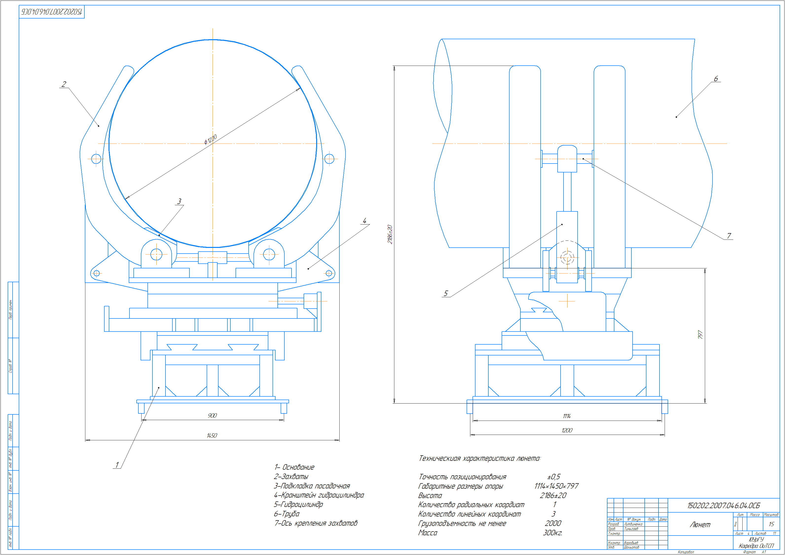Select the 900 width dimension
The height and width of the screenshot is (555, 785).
point(212,415)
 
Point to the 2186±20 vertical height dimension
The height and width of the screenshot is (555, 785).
point(390,234)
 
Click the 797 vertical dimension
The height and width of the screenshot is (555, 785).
point(700,334)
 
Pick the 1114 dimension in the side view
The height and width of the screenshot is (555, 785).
point(566,416)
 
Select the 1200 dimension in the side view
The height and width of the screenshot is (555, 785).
point(566,430)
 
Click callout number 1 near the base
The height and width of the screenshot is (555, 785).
point(117,465)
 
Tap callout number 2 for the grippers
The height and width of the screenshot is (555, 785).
point(64,84)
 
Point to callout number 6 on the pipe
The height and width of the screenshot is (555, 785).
point(716,79)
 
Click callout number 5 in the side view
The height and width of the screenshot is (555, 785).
point(445,293)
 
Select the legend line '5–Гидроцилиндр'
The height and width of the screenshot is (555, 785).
point(298,504)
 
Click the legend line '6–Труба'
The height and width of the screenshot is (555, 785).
point(287,514)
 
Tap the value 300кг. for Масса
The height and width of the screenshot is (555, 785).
point(552,533)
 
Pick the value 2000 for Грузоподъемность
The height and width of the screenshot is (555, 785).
point(553,523)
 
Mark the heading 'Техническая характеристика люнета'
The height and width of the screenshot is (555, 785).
point(479,458)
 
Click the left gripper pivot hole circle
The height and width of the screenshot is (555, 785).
point(96,159)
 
